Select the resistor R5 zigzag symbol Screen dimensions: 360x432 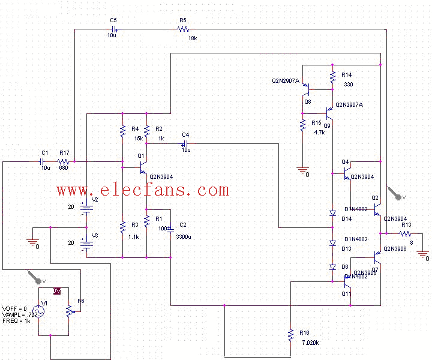[184, 29]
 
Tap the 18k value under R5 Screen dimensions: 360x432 [192, 37]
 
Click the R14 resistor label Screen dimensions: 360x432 [347, 74]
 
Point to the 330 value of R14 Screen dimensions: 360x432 [348, 85]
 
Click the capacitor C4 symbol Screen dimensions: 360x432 [185, 144]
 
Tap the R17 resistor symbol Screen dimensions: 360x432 [62, 162]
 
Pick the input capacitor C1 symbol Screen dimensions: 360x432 [43, 162]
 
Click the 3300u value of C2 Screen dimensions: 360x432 [183, 237]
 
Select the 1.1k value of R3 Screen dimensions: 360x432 [133, 237]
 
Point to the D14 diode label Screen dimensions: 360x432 [346, 219]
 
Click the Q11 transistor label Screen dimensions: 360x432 [346, 293]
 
